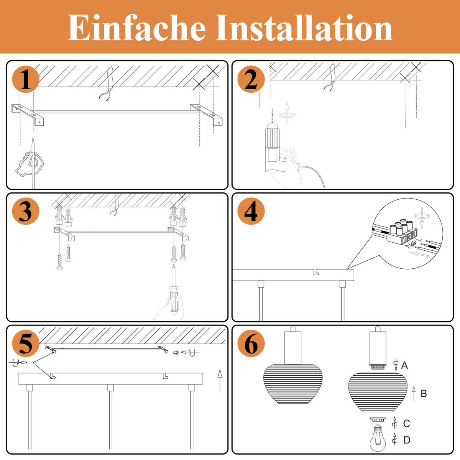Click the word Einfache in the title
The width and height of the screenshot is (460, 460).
click(136, 28)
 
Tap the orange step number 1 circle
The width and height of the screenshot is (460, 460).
click(26, 80)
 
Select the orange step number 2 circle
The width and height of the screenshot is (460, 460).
click(251, 80)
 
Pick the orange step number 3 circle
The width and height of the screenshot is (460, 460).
click(26, 212)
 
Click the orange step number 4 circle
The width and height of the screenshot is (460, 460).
click(251, 212)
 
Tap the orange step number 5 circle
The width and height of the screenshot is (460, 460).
click(26, 344)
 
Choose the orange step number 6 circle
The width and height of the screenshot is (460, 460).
click(251, 344)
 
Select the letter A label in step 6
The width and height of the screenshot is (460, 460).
click(404, 365)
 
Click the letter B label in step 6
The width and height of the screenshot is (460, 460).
click(424, 394)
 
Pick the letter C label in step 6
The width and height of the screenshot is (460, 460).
click(406, 424)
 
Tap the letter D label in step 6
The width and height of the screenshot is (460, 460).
click(407, 440)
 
